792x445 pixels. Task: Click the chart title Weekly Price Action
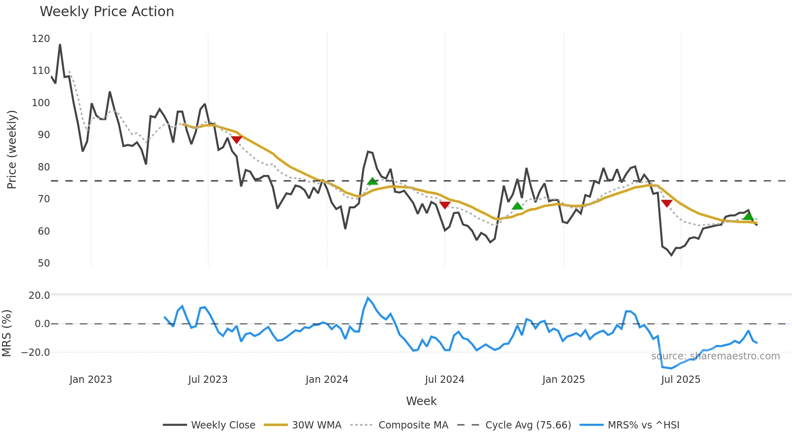tap(107, 12)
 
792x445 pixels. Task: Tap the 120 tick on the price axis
tap(41, 39)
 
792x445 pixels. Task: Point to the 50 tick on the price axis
tap(44, 263)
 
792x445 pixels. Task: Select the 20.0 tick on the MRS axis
tap(39, 296)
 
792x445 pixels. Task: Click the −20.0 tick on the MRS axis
tap(36, 353)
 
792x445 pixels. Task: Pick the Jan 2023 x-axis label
tap(91, 380)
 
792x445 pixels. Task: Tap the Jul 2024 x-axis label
tap(444, 380)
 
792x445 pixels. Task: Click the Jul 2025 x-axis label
tap(680, 380)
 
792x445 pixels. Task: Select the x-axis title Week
tap(421, 401)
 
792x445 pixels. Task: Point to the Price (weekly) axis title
tap(12, 149)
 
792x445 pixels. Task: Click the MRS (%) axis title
tap(7, 333)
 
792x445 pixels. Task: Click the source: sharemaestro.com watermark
tap(715, 356)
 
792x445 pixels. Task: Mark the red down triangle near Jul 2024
tap(444, 205)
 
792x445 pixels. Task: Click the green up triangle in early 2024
tap(372, 181)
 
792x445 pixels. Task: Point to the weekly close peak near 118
tap(60, 44)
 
